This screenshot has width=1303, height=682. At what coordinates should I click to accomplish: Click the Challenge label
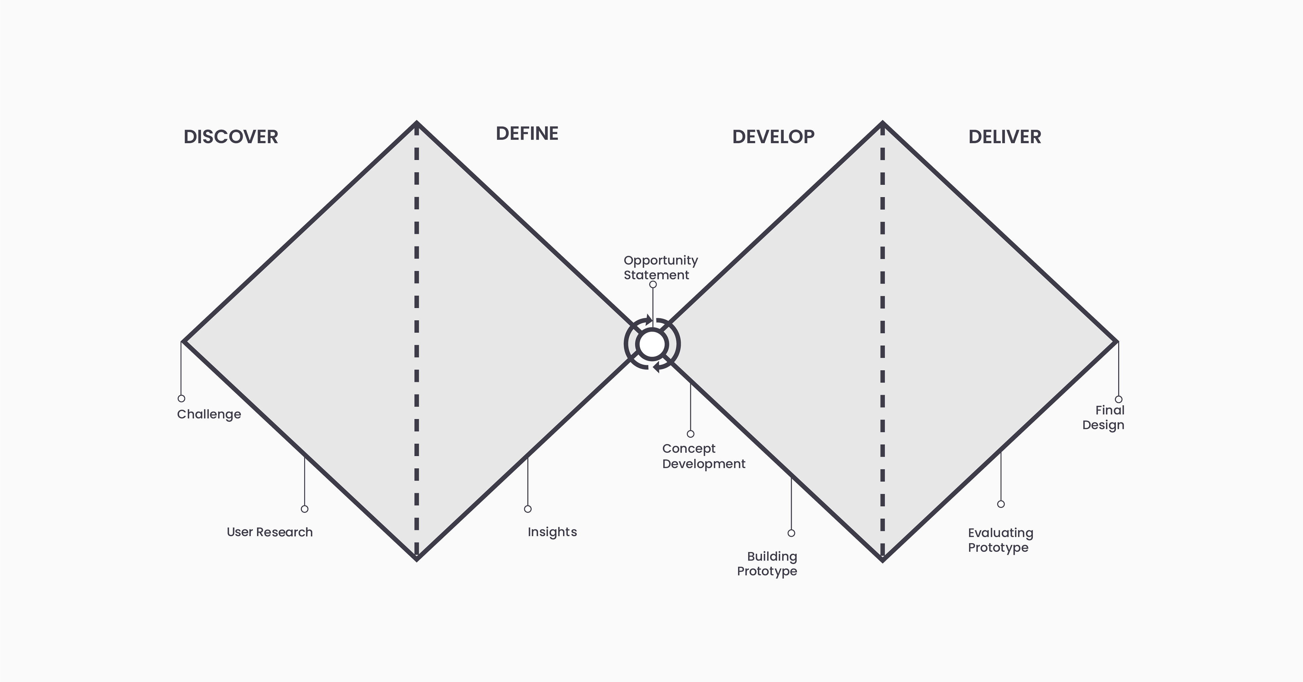(x=209, y=414)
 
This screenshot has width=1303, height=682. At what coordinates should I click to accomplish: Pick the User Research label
(x=270, y=532)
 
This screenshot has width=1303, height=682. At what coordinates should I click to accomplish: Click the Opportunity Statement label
(x=661, y=268)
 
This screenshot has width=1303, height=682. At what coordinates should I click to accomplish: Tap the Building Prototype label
(x=767, y=564)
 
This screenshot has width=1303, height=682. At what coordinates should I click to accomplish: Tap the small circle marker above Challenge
(x=182, y=399)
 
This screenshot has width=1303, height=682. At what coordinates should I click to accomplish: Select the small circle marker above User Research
(x=304, y=509)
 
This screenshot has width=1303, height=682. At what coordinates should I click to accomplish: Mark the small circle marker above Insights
(x=528, y=509)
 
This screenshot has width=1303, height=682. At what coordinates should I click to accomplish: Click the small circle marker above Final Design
(x=1118, y=399)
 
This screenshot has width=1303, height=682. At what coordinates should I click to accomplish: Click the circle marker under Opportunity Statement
(x=653, y=285)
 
